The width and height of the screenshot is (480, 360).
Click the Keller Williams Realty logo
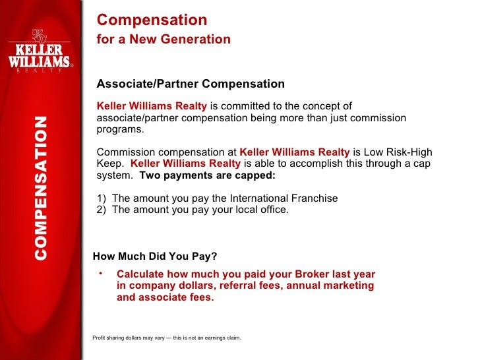click(x=40, y=52)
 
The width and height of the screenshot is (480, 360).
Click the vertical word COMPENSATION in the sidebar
click(x=41, y=188)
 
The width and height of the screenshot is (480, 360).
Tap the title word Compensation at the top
click(x=152, y=20)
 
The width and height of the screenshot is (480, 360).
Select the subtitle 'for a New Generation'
click(x=164, y=40)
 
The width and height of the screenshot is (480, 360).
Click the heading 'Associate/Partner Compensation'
click(x=191, y=84)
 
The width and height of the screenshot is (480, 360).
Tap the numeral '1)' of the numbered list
click(x=102, y=198)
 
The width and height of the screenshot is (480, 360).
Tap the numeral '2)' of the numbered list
click(x=102, y=210)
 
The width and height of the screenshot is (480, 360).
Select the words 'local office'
click(x=260, y=210)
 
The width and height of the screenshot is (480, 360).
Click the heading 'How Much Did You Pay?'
click(x=155, y=256)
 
